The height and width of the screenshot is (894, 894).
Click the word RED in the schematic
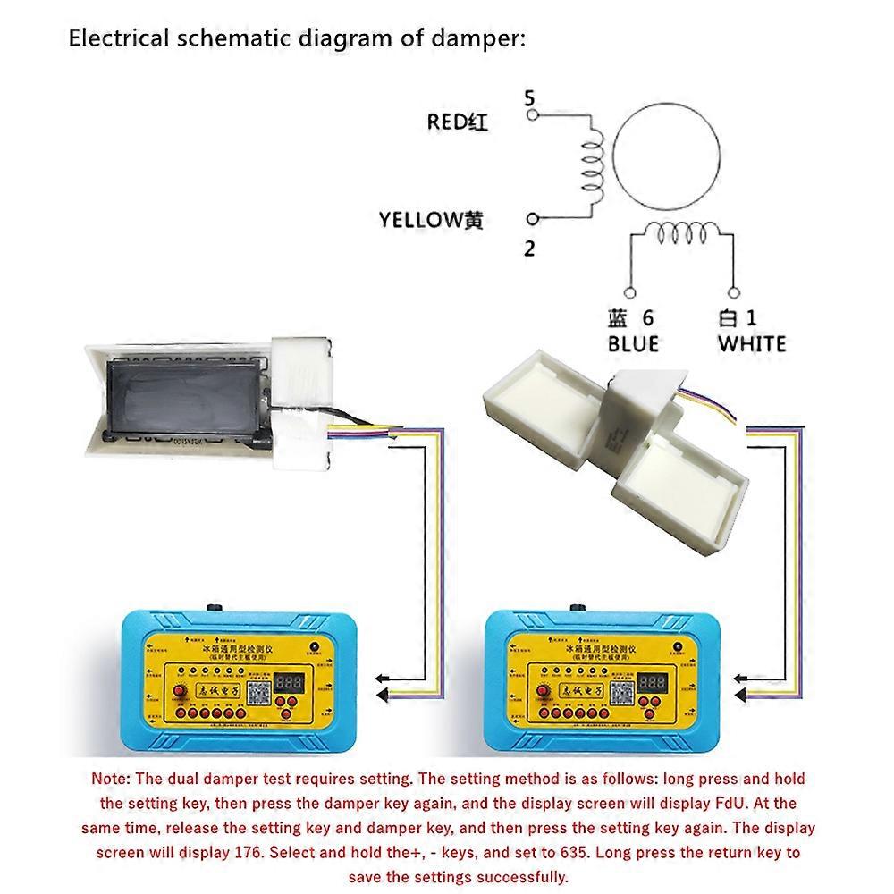pos(445,122)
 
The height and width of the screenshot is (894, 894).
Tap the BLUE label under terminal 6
pos(633,343)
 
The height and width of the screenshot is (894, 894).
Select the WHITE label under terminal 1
pos(752,343)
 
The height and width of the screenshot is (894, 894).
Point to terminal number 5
pos(529,97)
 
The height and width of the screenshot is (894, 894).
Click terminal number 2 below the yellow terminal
pos(529,249)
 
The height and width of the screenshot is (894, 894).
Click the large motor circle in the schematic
pos(670,154)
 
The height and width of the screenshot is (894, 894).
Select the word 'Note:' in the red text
pos(112,780)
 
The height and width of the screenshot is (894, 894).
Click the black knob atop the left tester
pos(215,608)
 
